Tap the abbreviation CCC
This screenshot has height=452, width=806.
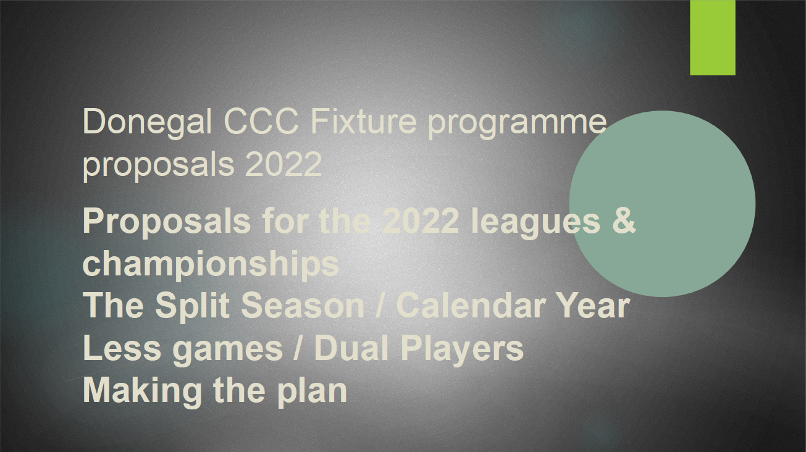pyautogui.click(x=262, y=121)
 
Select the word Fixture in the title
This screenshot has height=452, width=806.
pyautogui.click(x=363, y=121)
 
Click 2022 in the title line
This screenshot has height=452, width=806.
pyautogui.click(x=283, y=164)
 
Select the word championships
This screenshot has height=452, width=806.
pyautogui.click(x=211, y=266)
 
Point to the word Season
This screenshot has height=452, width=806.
pyautogui.click(x=303, y=305)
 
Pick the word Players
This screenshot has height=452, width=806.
pyautogui.click(x=462, y=349)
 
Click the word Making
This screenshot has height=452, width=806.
pyautogui.click(x=142, y=392)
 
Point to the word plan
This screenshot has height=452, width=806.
pyautogui.click(x=312, y=392)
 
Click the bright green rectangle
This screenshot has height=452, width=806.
pyautogui.click(x=713, y=38)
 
